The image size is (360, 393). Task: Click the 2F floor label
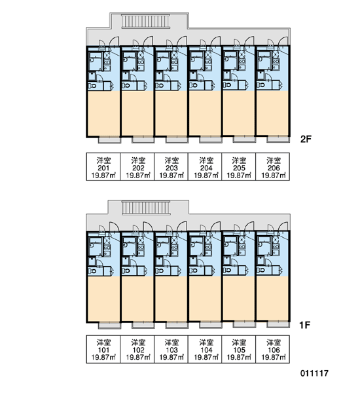coord(306,139)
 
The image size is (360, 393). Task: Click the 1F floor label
coord(305,325)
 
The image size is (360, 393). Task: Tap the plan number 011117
coord(314,373)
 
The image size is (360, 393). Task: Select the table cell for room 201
coord(103,166)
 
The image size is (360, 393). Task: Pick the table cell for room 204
coord(205,166)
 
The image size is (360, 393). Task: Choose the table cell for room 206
coord(273,166)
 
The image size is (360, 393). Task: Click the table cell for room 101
coord(103,349)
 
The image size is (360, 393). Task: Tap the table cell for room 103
coord(171,349)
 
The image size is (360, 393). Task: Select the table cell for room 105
coord(239,349)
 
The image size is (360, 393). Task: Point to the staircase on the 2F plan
coord(145,20)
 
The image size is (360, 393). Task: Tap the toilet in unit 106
coord(261,271)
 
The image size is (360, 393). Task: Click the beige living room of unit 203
coord(171,113)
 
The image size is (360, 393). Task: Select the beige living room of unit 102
coord(137,298)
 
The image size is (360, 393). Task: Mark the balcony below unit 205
coord(244,139)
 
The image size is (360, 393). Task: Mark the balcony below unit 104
coord(211,325)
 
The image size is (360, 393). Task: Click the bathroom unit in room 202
coord(130,61)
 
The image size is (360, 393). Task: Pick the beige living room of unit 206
coord(272,113)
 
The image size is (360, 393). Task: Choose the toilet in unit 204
coord(193,85)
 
